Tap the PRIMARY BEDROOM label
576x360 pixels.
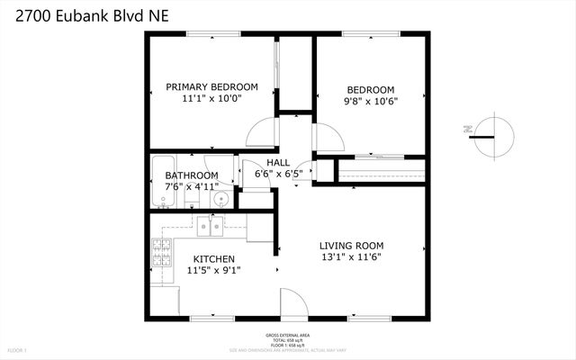pyautogui.click(x=211, y=87)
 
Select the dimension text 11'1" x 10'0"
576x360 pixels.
pyautogui.click(x=211, y=100)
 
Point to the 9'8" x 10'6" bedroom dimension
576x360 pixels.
pyautogui.click(x=371, y=102)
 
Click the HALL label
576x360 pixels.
pyautogui.click(x=277, y=162)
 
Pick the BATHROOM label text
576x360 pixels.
pyautogui.click(x=191, y=175)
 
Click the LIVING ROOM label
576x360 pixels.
pyautogui.click(x=352, y=246)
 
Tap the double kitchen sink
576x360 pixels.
pyautogui.click(x=211, y=226)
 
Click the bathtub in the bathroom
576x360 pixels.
pyautogui.click(x=162, y=180)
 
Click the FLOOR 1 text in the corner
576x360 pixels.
pyautogui.click(x=17, y=349)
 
